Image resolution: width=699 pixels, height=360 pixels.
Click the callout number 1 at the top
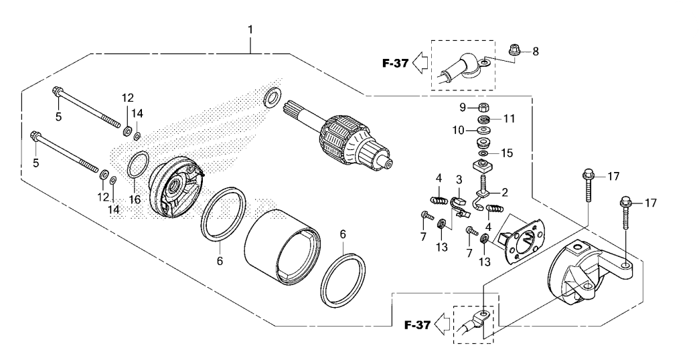tap(250, 30)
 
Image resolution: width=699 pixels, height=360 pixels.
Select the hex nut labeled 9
tap(483, 108)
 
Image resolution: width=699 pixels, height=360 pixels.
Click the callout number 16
tap(135, 199)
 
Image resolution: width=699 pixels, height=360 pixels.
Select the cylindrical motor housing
tap(283, 246)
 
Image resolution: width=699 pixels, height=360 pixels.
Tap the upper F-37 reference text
tap(395, 64)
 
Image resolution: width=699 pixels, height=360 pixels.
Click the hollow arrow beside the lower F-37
tap(443, 324)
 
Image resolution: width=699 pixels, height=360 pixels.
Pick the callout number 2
tap(505, 193)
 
